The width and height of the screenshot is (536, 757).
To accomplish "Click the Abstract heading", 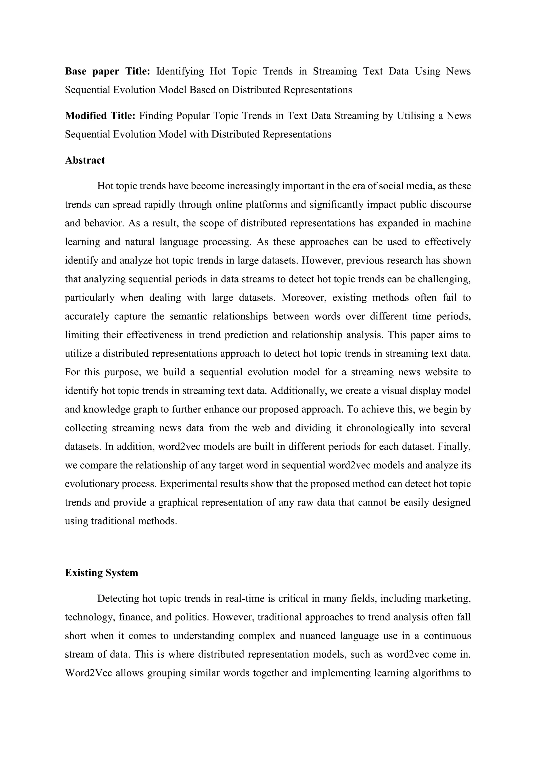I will click(85, 160).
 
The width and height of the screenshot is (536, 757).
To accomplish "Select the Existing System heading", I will click(101, 573).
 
